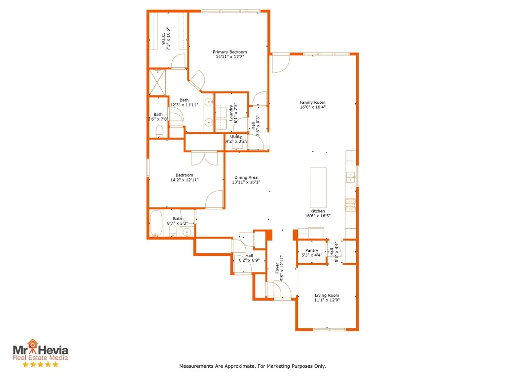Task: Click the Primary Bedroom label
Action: click(x=230, y=52)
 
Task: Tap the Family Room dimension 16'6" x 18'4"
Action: click(x=313, y=107)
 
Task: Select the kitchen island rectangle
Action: click(x=318, y=187)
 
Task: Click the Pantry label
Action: click(x=312, y=250)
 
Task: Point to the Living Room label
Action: click(x=327, y=295)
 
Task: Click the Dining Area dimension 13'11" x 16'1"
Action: click(x=246, y=182)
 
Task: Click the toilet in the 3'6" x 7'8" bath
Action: click(x=159, y=131)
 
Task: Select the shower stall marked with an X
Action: click(x=157, y=82)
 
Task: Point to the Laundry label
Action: click(x=231, y=113)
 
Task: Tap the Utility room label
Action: click(x=236, y=136)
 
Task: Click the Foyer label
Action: click(x=277, y=268)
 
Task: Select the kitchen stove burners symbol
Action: click(x=350, y=205)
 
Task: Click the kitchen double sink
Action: click(x=350, y=177)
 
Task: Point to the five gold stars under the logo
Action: click(x=40, y=364)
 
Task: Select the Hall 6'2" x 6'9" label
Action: click(x=249, y=255)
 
